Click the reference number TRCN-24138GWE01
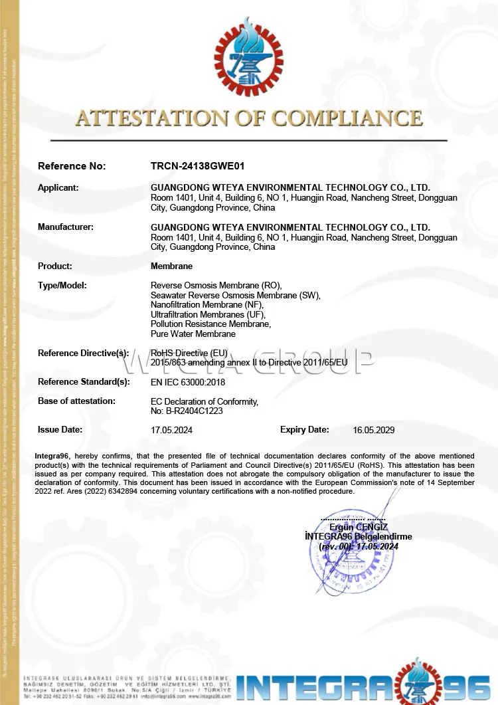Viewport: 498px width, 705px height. [x=193, y=166]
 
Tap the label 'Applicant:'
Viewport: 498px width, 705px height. [x=58, y=187]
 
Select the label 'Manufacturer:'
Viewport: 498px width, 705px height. [x=66, y=227]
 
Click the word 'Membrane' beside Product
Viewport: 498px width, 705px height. [x=171, y=266]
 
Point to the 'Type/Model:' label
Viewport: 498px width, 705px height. [x=62, y=285]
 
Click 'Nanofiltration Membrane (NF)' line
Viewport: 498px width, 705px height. [x=207, y=304]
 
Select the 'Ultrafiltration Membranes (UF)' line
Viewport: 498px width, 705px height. [x=208, y=314]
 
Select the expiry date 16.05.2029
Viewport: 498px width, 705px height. [x=374, y=430]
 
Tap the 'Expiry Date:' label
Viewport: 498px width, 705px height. [x=304, y=429]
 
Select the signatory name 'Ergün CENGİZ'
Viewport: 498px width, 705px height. [x=359, y=527]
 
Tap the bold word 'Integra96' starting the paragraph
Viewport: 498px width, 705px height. [x=53, y=456]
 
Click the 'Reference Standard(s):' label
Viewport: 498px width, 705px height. [x=84, y=381]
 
